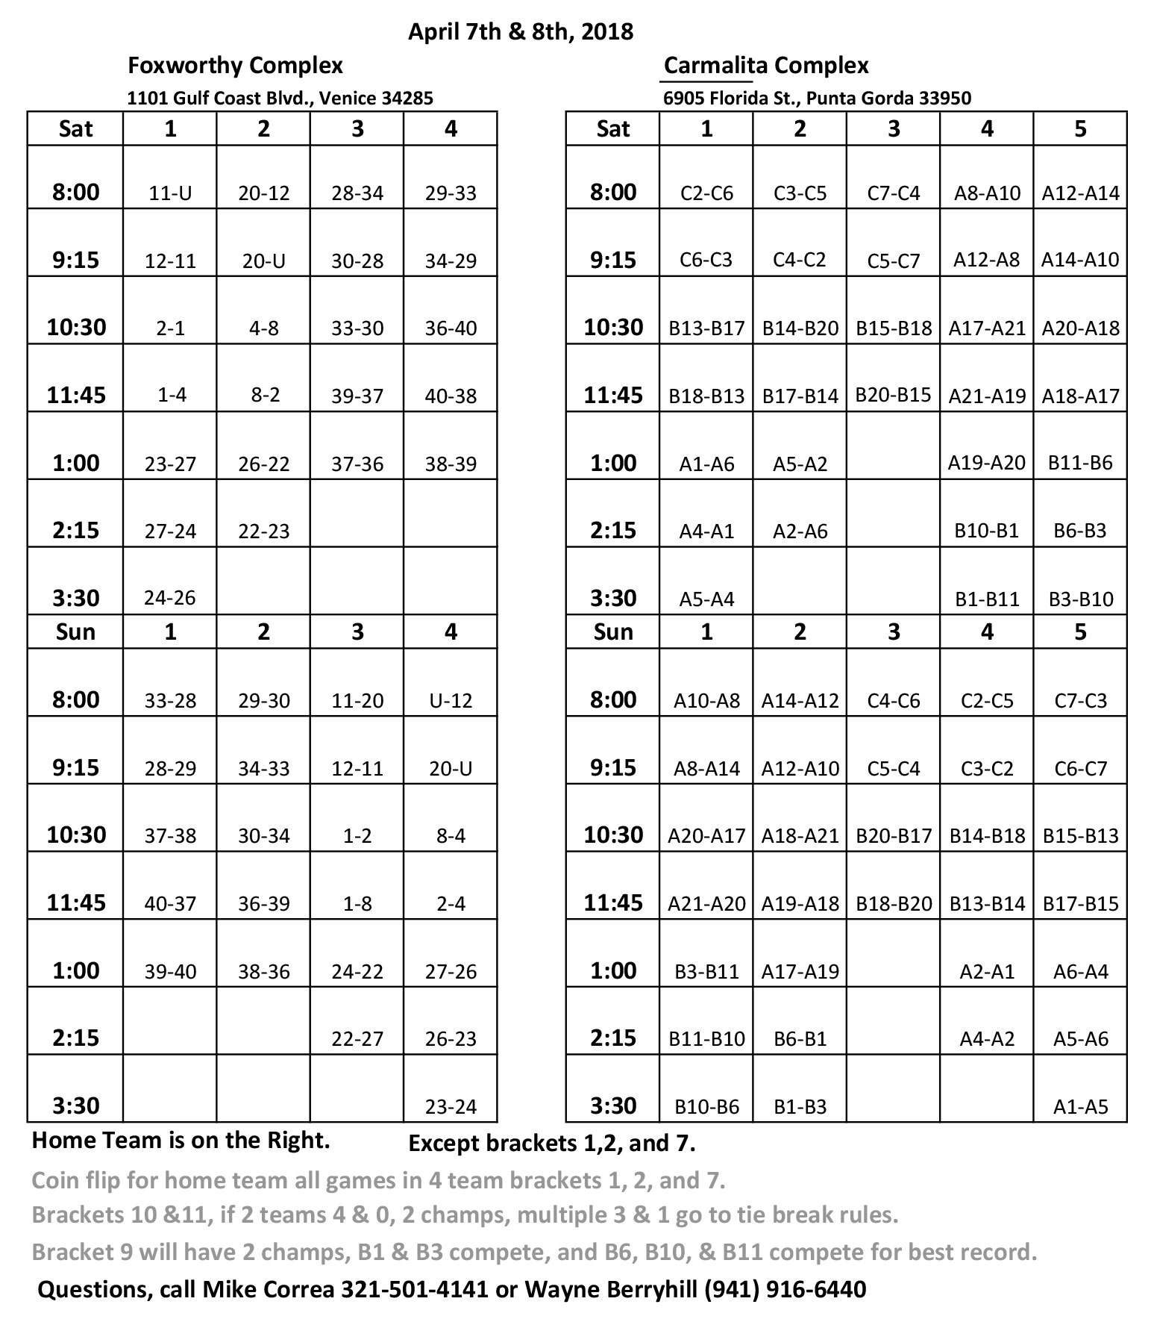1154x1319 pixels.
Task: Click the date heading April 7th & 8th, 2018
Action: coord(520,31)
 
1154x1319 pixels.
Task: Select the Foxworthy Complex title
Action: coord(235,66)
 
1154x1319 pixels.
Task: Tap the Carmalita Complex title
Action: coord(766,66)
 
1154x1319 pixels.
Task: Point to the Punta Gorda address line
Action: coord(817,98)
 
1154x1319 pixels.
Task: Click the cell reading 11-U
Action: coord(170,193)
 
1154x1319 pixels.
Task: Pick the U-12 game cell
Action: coord(451,700)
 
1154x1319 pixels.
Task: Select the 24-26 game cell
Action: coord(170,598)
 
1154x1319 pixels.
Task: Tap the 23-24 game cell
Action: coord(451,1106)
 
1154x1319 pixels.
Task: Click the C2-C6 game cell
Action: coord(706,193)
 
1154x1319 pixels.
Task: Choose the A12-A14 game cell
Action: coord(1080,193)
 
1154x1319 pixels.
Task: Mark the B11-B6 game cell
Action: coord(1080,463)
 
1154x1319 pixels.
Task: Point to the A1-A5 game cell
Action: coord(1080,1106)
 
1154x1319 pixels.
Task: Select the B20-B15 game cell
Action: coord(893,394)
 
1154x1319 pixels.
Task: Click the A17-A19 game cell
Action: coord(800,971)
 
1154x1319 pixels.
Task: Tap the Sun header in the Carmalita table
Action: coord(613,632)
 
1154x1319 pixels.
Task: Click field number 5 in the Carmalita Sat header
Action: coord(1080,129)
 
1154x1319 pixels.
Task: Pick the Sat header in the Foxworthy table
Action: coord(75,129)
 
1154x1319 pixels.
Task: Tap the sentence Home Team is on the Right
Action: coord(181,1141)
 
